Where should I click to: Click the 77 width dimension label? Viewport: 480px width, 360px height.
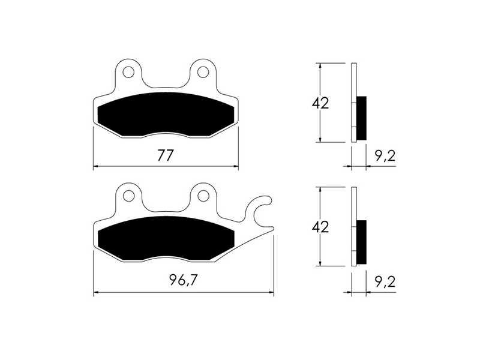point(166,155)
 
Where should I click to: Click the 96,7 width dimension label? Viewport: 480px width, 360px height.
point(184,280)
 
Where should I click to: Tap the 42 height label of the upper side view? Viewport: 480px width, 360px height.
point(320,103)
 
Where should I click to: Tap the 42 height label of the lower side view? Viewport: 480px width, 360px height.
point(320,227)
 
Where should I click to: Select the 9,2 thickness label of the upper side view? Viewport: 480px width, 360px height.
point(385,156)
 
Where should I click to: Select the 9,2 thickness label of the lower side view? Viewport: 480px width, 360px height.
point(385,281)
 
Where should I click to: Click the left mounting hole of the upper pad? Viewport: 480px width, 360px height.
point(128,72)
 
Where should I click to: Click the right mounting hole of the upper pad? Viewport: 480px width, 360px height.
point(203,72)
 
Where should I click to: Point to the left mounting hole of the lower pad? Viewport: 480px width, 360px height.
point(128,196)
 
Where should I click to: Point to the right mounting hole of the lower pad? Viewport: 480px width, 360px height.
point(203,196)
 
